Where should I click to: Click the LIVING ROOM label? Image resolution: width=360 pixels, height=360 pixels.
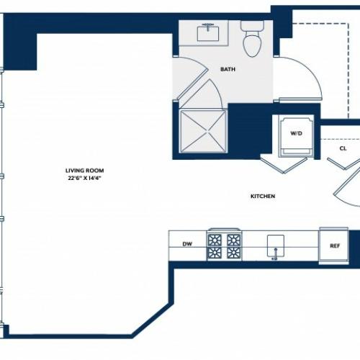85,171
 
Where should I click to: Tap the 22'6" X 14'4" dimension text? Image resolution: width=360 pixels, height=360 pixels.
84,178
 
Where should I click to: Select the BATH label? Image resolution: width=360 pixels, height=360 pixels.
228,69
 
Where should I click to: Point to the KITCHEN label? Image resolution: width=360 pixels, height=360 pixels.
263,197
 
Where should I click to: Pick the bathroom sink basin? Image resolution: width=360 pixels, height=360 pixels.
208,34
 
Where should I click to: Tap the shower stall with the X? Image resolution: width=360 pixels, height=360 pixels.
204,131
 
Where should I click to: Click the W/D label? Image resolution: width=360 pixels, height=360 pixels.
296,133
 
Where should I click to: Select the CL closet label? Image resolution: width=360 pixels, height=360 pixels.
343,148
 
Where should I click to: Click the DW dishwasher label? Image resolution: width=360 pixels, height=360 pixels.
187,244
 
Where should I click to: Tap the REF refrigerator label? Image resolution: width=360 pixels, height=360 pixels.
335,246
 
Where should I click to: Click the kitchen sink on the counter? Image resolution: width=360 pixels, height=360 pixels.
276,246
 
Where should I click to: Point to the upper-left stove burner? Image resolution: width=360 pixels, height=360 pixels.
215,240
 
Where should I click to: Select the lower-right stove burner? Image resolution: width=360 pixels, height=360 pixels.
233,253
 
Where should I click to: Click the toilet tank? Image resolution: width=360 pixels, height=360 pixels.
252,25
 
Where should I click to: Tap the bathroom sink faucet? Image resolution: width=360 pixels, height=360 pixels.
208,25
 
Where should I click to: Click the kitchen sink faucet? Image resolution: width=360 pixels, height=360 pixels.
275,254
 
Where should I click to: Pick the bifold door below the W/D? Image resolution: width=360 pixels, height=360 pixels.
284,165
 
